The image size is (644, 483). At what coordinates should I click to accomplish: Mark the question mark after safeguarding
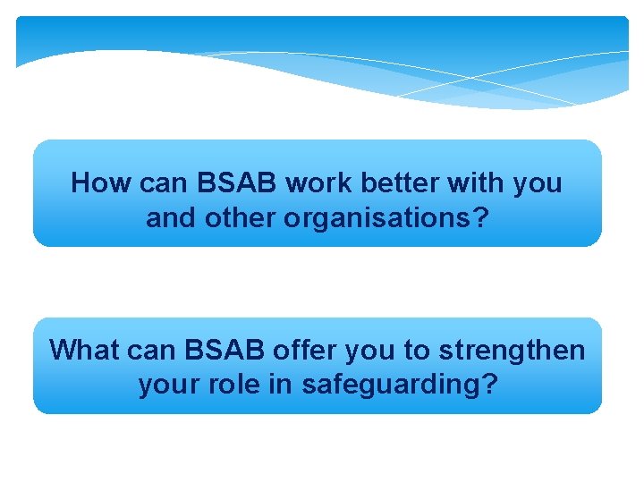[x=489, y=385]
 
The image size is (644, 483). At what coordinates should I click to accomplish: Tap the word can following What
[x=151, y=350]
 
